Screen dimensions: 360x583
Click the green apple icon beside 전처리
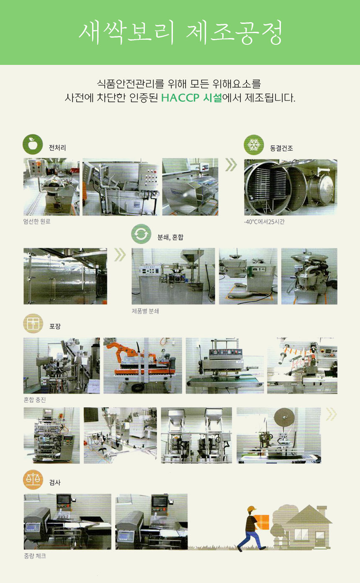tap(33, 144)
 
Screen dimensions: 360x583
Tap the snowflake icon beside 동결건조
tap(254, 145)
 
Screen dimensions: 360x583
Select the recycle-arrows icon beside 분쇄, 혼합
tap(141, 234)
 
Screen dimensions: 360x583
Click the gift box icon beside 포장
tap(33, 323)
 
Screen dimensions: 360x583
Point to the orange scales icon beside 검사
tap(33, 479)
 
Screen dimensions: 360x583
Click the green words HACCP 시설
tap(192, 98)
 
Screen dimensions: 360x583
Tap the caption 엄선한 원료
tap(37, 221)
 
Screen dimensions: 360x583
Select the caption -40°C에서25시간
tap(264, 222)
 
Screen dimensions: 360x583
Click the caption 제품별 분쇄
tap(145, 311)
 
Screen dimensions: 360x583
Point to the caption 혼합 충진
tap(35, 400)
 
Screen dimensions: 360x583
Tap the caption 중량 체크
tap(35, 556)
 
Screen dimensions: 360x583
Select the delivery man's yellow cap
tap(252, 509)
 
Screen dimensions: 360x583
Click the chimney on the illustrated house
tap(322, 511)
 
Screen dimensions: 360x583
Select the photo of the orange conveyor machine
tap(143, 365)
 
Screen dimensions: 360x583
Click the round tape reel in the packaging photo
tap(284, 417)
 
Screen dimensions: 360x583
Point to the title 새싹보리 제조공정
tap(180, 33)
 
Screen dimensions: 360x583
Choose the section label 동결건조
tap(281, 148)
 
